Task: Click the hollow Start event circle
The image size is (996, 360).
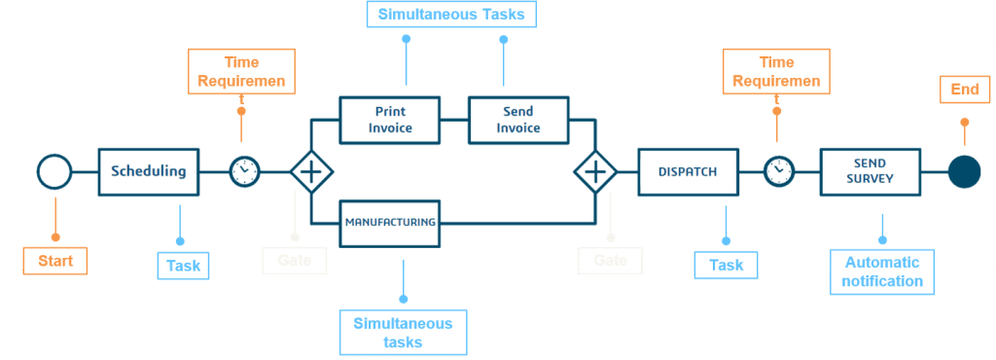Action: (x=54, y=172)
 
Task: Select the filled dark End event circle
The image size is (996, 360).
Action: (x=964, y=172)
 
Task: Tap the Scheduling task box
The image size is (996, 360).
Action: (x=149, y=172)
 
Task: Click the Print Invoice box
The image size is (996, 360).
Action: (x=390, y=120)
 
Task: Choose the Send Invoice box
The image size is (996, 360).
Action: (x=518, y=120)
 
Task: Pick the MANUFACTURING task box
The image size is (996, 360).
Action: (x=390, y=222)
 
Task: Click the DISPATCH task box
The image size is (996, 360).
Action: (x=688, y=172)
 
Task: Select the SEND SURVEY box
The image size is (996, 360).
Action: (x=868, y=172)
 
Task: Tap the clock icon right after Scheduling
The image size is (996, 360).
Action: (x=244, y=172)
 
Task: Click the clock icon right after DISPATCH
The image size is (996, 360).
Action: (x=778, y=172)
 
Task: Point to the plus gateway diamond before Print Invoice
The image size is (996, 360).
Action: (x=311, y=172)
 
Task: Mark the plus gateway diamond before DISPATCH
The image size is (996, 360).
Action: (x=595, y=172)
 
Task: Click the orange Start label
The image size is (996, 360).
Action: (x=55, y=261)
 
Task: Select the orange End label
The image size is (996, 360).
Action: (x=965, y=90)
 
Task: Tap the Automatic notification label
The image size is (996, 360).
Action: (x=882, y=271)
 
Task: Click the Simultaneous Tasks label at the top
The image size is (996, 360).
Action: (x=452, y=16)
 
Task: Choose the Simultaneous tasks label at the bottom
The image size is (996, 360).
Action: (x=403, y=332)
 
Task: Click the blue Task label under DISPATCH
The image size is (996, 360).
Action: (x=726, y=266)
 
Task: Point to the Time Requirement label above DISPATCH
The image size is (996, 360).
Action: (x=776, y=71)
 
